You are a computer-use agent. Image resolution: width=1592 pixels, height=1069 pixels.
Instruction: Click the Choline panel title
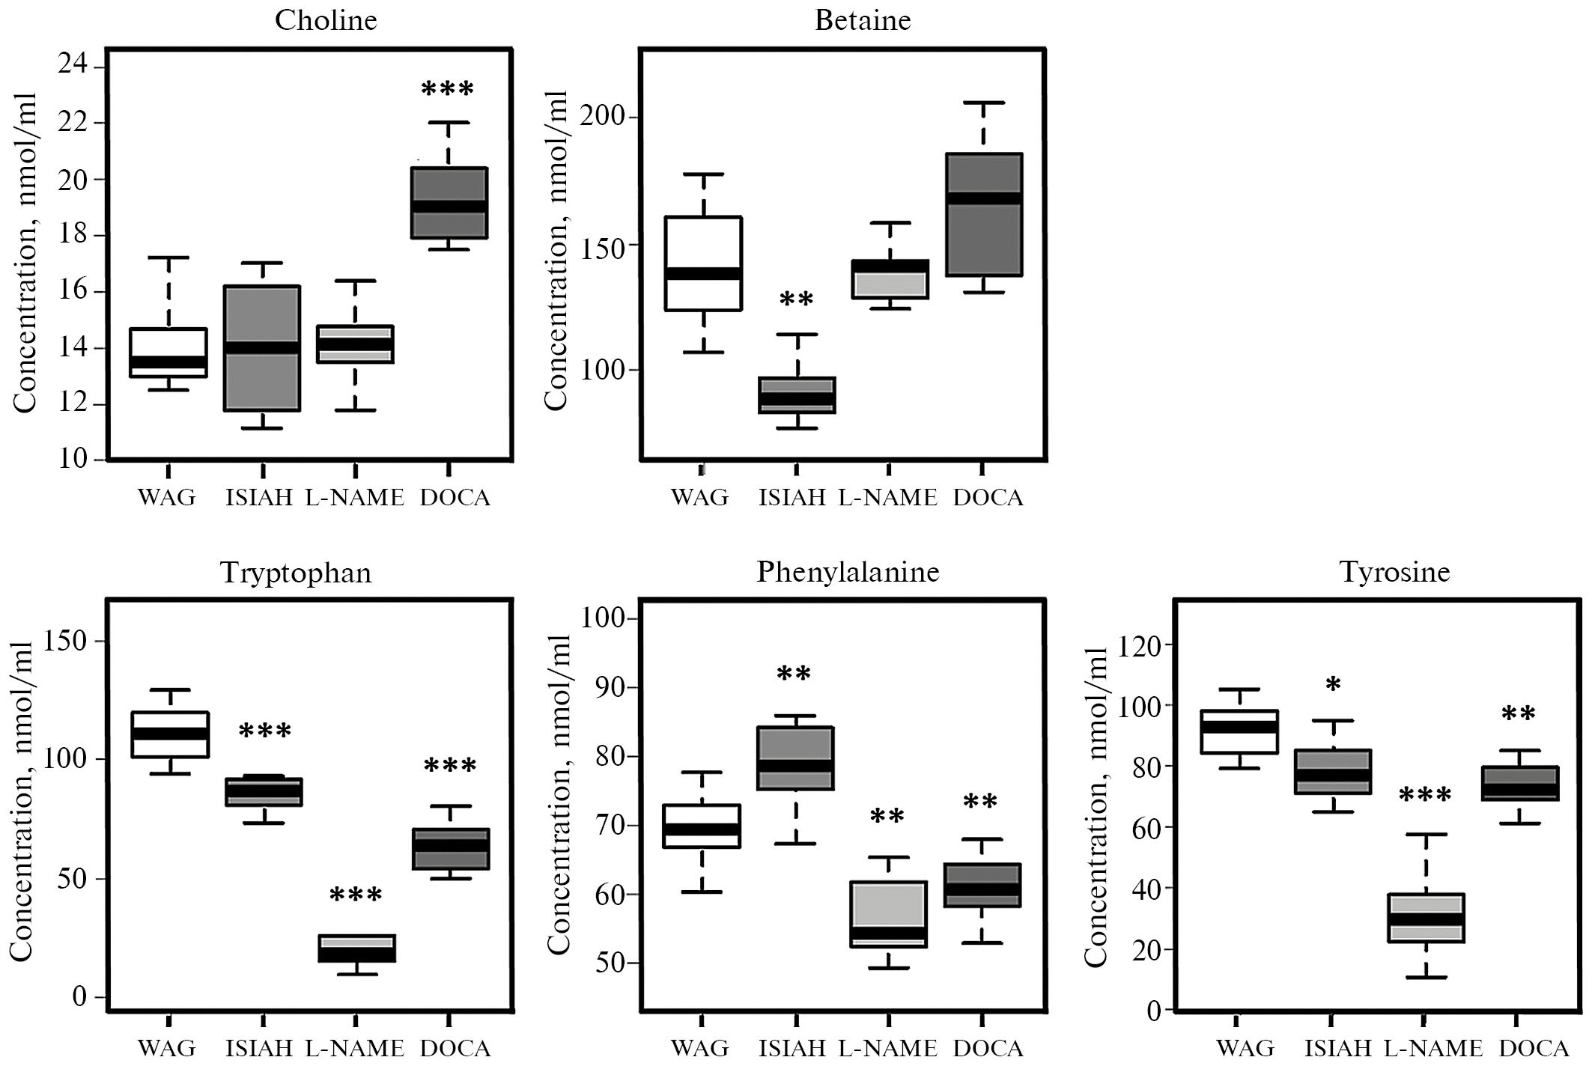(x=326, y=20)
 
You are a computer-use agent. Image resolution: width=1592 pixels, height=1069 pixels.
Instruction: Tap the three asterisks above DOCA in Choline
(x=448, y=90)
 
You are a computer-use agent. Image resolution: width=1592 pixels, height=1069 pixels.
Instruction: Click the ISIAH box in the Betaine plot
(x=797, y=395)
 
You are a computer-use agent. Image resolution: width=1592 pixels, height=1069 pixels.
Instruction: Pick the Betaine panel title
(x=863, y=20)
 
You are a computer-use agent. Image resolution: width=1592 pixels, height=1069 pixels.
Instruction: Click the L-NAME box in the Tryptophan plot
(x=356, y=948)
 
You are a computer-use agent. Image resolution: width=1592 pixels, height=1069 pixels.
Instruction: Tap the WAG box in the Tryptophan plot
(x=169, y=734)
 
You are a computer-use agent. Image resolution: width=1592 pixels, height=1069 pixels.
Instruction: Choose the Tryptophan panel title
(x=296, y=573)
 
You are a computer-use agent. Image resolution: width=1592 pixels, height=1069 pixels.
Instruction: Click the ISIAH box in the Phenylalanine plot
(x=796, y=758)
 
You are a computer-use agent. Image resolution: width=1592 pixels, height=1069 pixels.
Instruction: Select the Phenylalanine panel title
(x=848, y=572)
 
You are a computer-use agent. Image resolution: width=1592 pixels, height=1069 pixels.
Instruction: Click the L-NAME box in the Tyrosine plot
(x=1427, y=918)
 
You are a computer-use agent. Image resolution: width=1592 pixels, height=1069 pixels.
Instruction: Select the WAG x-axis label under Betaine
(x=699, y=498)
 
